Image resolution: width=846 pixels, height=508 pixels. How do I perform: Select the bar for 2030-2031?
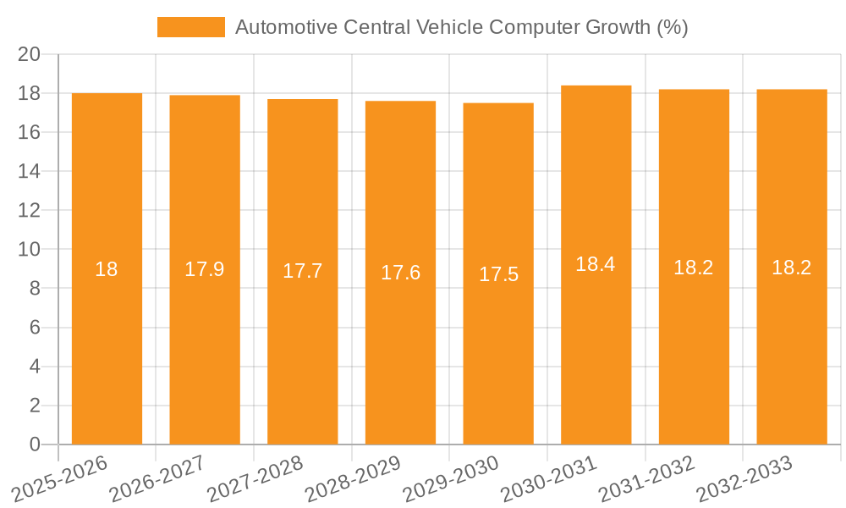tap(596, 339)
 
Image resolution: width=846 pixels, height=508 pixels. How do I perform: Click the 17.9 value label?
tap(205, 269)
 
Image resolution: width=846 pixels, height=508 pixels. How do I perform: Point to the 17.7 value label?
tap(302, 271)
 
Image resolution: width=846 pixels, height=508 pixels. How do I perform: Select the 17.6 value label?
tap(400, 273)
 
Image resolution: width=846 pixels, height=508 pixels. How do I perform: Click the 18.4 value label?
tap(596, 264)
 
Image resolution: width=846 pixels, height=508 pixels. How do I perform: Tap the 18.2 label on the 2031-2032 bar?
tap(694, 268)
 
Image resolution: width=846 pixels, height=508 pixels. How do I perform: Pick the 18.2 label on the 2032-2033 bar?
tap(792, 268)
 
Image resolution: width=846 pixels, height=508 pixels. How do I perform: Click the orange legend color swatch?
tap(191, 27)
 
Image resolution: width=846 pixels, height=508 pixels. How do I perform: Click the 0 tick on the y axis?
tap(35, 444)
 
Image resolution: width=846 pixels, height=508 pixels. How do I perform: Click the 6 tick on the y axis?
tap(35, 328)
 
